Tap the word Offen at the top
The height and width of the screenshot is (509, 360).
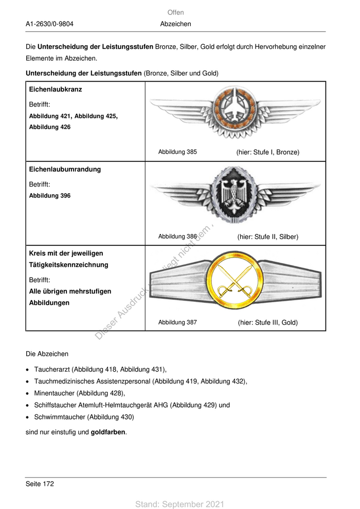[175, 12]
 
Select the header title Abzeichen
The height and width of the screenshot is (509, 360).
[175, 24]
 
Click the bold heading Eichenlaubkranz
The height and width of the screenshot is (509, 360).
[56, 89]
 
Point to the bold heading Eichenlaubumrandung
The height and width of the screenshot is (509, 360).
[65, 170]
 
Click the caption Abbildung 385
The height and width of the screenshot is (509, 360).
[177, 152]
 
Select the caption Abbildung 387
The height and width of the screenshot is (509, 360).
[177, 323]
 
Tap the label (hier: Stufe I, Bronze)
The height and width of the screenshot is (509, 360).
[267, 152]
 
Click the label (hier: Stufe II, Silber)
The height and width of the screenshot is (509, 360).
[267, 237]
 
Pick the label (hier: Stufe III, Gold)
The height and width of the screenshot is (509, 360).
[268, 323]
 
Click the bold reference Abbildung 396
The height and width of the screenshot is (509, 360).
[50, 196]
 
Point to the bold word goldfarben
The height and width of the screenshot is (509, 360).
[108, 432]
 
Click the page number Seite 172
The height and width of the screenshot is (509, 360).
[40, 484]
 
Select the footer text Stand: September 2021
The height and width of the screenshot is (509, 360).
[179, 504]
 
